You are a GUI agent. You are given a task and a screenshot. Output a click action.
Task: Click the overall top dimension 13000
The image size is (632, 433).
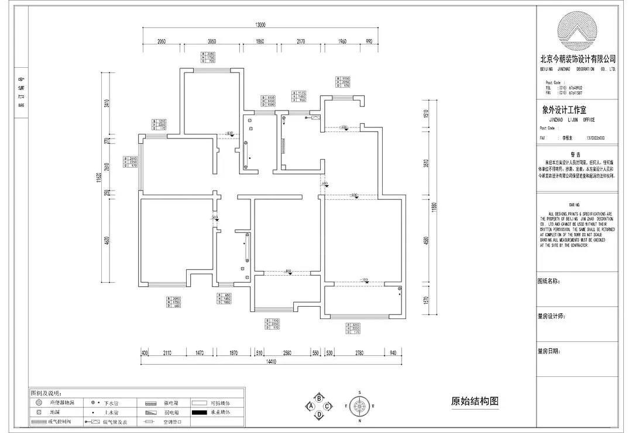tap(260, 25)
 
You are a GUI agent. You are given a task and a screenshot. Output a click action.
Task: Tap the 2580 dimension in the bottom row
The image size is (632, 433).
tap(287, 353)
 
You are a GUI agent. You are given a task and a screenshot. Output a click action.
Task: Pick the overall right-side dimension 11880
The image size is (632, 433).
tap(434, 207)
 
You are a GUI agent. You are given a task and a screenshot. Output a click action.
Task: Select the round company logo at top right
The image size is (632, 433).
tap(578, 32)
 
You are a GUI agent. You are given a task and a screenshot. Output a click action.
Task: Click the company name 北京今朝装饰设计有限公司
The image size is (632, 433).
tap(578, 59)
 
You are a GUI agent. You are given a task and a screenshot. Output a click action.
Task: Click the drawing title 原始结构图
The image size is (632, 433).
tap(475, 401)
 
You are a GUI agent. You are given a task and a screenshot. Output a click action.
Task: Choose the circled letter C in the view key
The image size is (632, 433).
tap(328, 406)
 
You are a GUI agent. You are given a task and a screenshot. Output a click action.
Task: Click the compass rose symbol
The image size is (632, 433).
tap(360, 405)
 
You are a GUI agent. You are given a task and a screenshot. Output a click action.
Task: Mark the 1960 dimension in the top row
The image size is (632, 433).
tap(343, 41)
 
